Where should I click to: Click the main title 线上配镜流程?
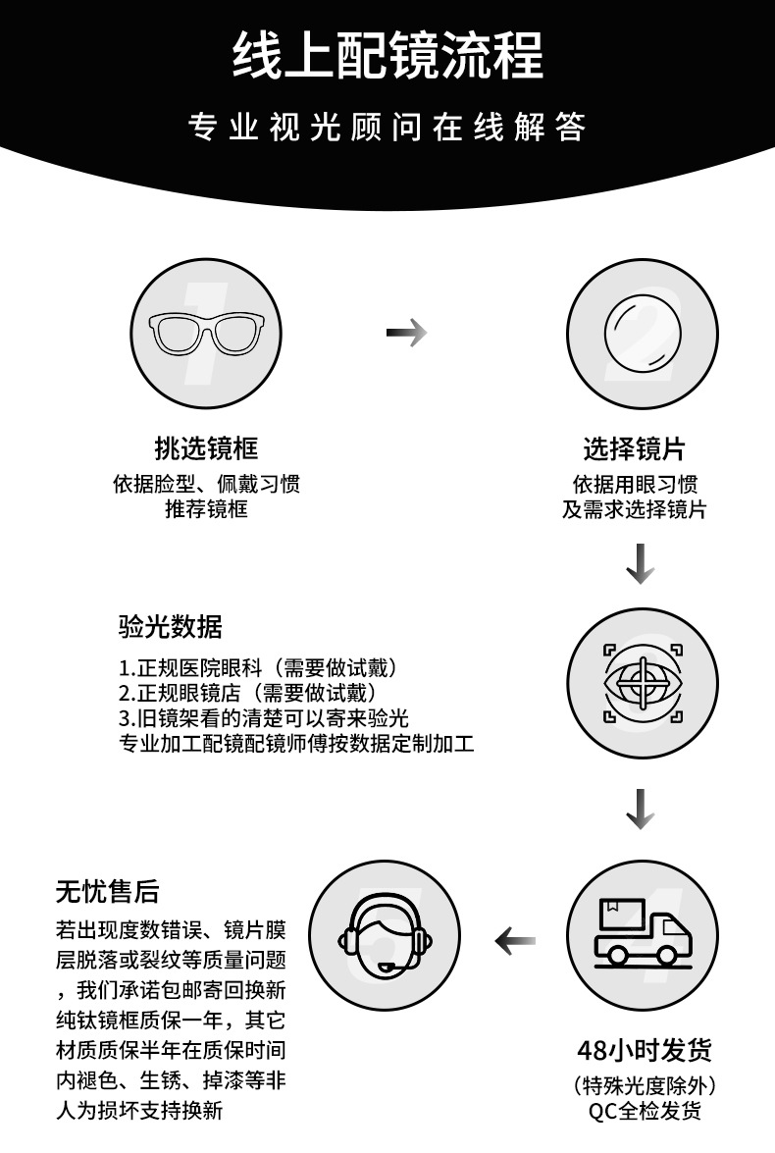[387, 55]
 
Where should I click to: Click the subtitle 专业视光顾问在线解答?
[387, 127]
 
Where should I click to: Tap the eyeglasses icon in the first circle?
[206, 333]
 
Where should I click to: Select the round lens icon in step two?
[642, 333]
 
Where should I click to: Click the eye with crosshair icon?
[643, 683]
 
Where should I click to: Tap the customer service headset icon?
[385, 935]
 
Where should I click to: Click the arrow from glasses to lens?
[406, 333]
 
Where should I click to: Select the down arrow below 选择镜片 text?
[641, 563]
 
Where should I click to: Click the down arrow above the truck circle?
[641, 809]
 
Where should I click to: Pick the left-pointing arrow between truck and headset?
[515, 940]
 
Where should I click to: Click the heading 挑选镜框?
[206, 447]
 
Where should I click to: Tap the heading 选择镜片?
[634, 447]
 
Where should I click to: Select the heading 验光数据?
[170, 626]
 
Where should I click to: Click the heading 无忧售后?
[107, 891]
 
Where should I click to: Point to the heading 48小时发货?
[645, 1050]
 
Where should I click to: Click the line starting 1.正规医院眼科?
[258, 667]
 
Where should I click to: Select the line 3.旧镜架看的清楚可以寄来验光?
[263, 717]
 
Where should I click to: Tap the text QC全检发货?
[645, 1111]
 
